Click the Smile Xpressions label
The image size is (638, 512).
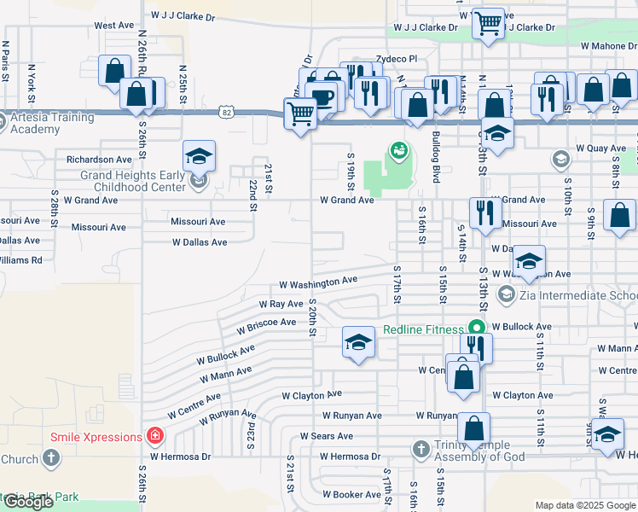tap(96, 437)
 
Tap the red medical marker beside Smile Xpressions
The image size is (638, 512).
tap(154, 437)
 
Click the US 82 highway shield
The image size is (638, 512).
tap(225, 112)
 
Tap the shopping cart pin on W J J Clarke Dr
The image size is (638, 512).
tap(489, 25)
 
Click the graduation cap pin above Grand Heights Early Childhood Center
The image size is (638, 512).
tap(199, 157)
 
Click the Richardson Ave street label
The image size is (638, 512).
tap(100, 159)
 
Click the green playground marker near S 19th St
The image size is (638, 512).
tap(397, 151)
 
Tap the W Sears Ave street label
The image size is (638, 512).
tap(326, 436)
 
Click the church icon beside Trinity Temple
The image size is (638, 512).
tap(420, 448)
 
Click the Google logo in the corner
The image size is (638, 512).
tap(28, 502)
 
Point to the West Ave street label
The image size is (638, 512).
tap(115, 26)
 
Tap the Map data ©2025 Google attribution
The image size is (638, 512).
tap(585, 505)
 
